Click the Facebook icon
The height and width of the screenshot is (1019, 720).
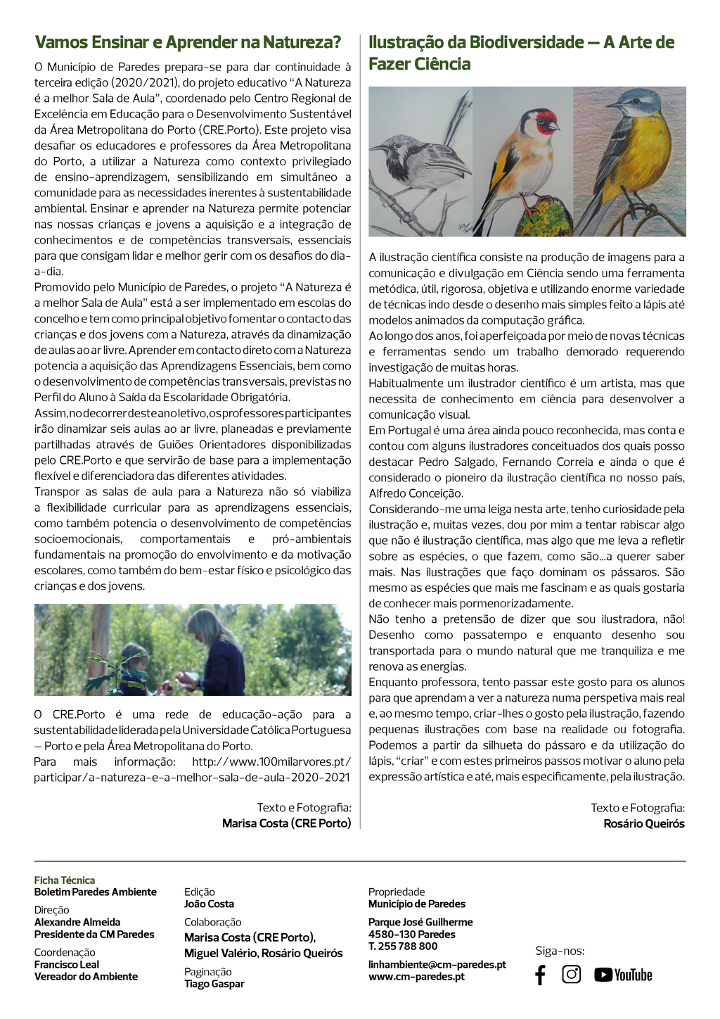coord(540,975)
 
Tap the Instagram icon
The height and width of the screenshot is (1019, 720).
coord(572,974)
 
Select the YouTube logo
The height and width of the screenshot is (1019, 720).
coord(623,975)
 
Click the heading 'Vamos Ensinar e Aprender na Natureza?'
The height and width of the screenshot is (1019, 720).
coord(188,42)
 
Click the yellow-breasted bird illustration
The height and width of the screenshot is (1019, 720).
coord(633,155)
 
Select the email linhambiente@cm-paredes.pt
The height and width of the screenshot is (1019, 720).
coord(437,965)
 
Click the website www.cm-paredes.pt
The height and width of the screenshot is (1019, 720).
coord(416,977)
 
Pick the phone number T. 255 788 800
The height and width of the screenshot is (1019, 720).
coord(403,947)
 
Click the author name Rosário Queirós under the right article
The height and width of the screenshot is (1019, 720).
coord(644,823)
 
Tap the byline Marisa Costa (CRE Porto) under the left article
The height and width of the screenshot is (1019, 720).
coord(287,823)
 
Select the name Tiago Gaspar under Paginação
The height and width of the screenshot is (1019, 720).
coord(214,984)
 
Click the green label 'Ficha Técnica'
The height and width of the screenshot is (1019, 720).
coord(65,880)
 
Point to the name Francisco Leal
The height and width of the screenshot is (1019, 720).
coord(67,965)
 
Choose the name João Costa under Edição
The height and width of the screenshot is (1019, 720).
coord(209,904)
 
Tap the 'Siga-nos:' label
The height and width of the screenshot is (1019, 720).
coord(560,951)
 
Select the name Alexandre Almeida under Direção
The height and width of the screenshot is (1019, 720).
coord(77,923)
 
